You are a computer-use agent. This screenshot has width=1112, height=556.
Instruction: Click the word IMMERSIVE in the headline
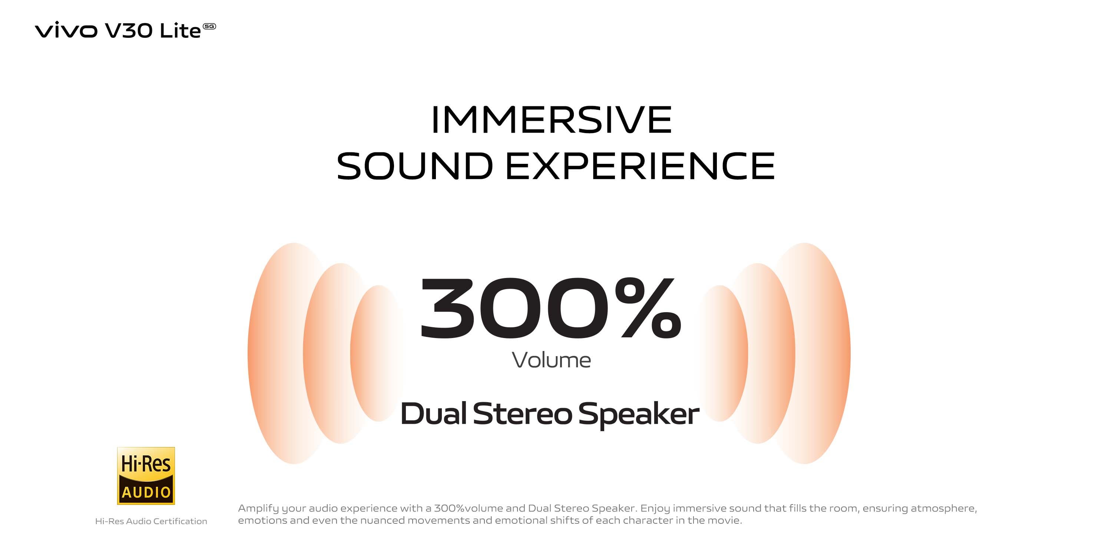point(551,120)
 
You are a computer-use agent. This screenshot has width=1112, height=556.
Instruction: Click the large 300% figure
point(551,308)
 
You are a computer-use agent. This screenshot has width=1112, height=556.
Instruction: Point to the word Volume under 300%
point(551,360)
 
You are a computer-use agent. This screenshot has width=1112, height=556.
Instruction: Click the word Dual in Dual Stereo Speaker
point(434,414)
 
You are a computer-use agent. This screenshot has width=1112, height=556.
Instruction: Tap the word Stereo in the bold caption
point(522,414)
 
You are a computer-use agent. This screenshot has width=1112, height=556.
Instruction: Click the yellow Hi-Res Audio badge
point(146,476)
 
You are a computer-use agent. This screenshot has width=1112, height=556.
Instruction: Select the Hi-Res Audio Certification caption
point(151,522)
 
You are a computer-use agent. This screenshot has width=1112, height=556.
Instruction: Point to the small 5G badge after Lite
point(209,26)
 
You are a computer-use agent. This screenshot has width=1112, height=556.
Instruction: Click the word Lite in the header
point(180,31)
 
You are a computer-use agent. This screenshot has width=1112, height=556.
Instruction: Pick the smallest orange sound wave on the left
point(367,353)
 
